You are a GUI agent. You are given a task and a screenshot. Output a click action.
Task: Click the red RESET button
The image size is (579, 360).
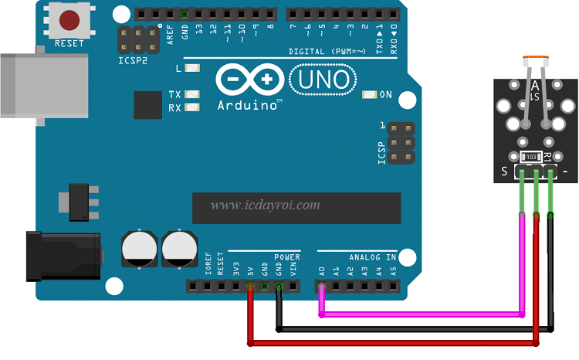pos(69,20)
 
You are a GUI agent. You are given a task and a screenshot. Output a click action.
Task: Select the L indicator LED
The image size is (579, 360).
pos(193,69)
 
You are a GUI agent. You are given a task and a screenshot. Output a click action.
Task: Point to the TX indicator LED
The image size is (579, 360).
pos(193,95)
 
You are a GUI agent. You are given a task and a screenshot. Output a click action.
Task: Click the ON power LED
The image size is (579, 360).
pos(370,95)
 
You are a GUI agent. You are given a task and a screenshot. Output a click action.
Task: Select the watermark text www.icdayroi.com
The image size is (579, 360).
pos(265,205)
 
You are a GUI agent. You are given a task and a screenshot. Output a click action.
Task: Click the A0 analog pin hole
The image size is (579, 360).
pos(321,287)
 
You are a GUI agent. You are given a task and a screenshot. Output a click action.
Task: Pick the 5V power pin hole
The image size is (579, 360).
pos(250,287)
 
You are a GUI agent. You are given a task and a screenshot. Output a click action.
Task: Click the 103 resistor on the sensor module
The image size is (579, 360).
pos(531,157)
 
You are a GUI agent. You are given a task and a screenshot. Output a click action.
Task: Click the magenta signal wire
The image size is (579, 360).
pos(421,314)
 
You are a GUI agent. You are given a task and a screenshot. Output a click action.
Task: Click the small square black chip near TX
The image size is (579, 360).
pos(147,105)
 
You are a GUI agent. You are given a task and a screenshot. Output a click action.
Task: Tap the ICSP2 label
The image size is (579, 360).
pos(133,59)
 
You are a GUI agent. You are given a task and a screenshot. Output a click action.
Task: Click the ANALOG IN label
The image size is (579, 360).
pos(373,256)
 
